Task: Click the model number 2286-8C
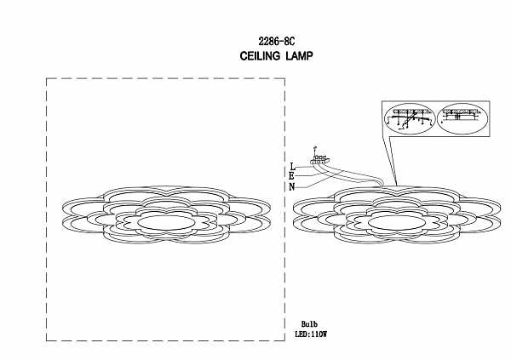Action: pyautogui.click(x=276, y=42)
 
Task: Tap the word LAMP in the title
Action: pyautogui.click(x=299, y=56)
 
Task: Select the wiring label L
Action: pyautogui.click(x=292, y=167)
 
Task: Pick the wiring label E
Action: pyautogui.click(x=291, y=176)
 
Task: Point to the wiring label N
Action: pyautogui.click(x=291, y=187)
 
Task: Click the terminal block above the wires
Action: pyautogui.click(x=319, y=160)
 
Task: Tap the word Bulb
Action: pyautogui.click(x=309, y=324)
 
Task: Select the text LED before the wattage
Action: pyautogui.click(x=301, y=334)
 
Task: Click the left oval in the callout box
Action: pyautogui.click(x=410, y=118)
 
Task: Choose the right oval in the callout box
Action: pyautogui.click(x=462, y=118)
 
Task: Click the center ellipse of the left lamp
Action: pyautogui.click(x=166, y=223)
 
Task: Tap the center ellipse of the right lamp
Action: pyautogui.click(x=397, y=223)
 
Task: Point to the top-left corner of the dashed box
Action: pyautogui.click(x=47, y=78)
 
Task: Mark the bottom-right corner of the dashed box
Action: pyautogui.click(x=285, y=340)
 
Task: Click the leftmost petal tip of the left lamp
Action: pyautogui.click(x=62, y=215)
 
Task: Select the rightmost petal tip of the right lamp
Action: pyautogui.click(x=501, y=215)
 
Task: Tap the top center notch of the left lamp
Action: pyautogui.click(x=166, y=191)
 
